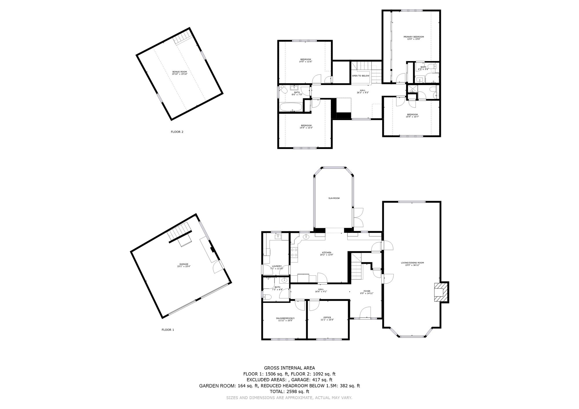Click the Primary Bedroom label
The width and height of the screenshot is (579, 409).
(x=414, y=38)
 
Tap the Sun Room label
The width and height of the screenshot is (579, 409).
(x=334, y=198)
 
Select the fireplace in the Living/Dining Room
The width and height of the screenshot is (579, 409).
(x=440, y=292)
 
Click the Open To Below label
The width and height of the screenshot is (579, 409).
(x=360, y=76)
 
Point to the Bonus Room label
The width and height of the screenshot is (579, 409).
(x=179, y=73)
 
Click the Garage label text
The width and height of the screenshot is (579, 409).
(x=184, y=265)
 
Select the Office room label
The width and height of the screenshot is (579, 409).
(x=327, y=318)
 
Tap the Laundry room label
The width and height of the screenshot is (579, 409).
(x=277, y=267)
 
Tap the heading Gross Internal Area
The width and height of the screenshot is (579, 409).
(x=289, y=368)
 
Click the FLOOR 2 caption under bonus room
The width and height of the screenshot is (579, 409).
(x=177, y=132)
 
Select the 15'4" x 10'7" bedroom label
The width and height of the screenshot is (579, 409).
(x=412, y=115)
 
